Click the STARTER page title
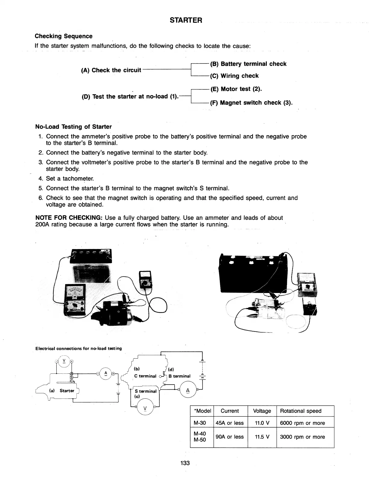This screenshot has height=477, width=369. click(186, 20)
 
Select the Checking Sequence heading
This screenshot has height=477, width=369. click(64, 36)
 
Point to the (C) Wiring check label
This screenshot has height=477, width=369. click(234, 76)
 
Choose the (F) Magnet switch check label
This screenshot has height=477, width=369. click(251, 103)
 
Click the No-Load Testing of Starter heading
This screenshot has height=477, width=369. click(74, 126)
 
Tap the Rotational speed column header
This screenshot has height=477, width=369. click(301, 411)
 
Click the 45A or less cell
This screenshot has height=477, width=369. click(230, 423)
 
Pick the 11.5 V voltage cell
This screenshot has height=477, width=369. click(262, 437)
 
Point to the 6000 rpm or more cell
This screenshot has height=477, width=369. click(302, 423)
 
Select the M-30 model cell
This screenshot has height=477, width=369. click(200, 423)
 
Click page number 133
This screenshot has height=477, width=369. click(184, 463)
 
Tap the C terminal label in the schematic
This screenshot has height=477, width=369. click(145, 376)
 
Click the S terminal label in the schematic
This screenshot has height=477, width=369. click(146, 391)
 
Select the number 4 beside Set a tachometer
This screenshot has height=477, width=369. click(40, 179)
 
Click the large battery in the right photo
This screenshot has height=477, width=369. click(252, 271)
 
